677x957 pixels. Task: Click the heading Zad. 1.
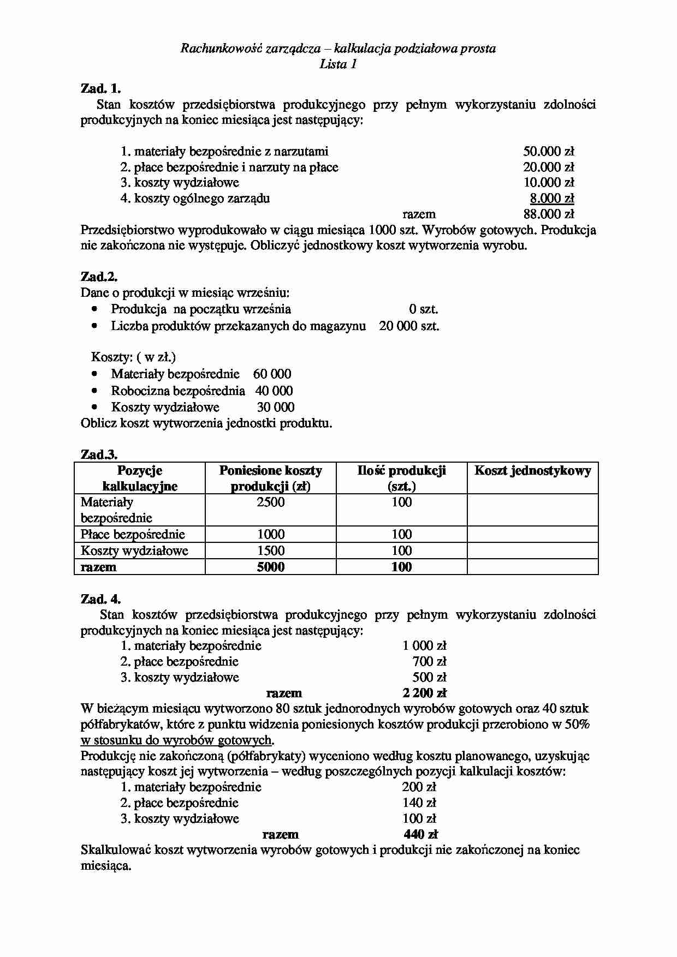pyautogui.click(x=100, y=88)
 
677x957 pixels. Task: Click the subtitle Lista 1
pyautogui.click(x=338, y=64)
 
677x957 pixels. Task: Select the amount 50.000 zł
pyautogui.click(x=548, y=151)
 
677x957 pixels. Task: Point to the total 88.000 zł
pyautogui.click(x=548, y=214)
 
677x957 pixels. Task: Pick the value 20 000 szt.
pyautogui.click(x=409, y=326)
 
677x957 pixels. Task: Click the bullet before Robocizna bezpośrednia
pyautogui.click(x=96, y=391)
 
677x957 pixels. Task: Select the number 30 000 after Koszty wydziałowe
pyautogui.click(x=276, y=407)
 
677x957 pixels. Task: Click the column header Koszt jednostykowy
pyautogui.click(x=532, y=471)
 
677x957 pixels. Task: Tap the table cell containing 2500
pyautogui.click(x=270, y=503)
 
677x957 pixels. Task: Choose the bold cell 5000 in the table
pyautogui.click(x=270, y=567)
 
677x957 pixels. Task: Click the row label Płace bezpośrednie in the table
pyautogui.click(x=133, y=534)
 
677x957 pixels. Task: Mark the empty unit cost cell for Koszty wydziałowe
pyautogui.click(x=532, y=551)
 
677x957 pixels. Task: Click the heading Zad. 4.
pyautogui.click(x=100, y=599)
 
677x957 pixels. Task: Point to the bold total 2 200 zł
pyautogui.click(x=424, y=693)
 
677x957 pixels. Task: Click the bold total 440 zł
pyautogui.click(x=421, y=834)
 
